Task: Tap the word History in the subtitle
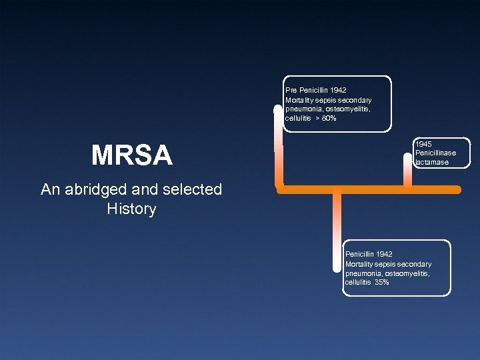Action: tap(131, 209)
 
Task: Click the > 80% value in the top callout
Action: tap(326, 119)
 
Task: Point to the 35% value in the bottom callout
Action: tap(382, 283)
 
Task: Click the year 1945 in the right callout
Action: tap(423, 143)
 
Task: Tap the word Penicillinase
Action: tap(435, 153)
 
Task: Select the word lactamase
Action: tap(432, 162)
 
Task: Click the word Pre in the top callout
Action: tap(291, 90)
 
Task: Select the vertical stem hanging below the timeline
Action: tap(337, 230)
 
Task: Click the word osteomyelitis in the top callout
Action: tap(346, 109)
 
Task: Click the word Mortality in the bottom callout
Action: tap(359, 264)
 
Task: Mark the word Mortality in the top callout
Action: tap(299, 100)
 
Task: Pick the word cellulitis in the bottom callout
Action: tap(358, 283)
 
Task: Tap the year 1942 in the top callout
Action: tap(337, 90)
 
